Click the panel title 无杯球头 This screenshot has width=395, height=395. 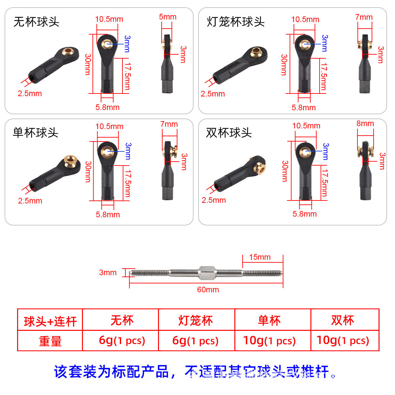pos(36,22)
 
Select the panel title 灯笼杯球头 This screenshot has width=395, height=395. pos(236,22)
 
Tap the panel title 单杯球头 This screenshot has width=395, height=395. pos(36,133)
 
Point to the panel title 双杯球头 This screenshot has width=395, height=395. pos(229,133)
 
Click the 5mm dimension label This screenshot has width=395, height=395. pos(168,17)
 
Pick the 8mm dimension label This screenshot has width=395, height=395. pos(365,123)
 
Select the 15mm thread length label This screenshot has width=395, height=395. pos(260,257)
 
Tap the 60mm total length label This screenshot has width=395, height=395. pos(208,290)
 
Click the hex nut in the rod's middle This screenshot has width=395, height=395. pos(207,273)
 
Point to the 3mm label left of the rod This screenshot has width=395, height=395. pos(108,273)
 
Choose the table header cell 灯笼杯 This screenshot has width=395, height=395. pos(196,321)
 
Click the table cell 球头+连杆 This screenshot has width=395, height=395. pos(50,321)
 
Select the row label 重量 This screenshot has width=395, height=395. pos(50,341)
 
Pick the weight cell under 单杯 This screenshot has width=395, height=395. pos(269,341)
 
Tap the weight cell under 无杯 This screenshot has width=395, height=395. pos(122,341)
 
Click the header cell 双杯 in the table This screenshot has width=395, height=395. pos(343,320)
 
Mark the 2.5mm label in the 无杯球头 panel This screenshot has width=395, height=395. pos(30,93)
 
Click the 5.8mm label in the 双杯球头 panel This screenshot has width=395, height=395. pos(304,214)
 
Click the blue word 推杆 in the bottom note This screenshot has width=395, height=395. pos(315,371)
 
